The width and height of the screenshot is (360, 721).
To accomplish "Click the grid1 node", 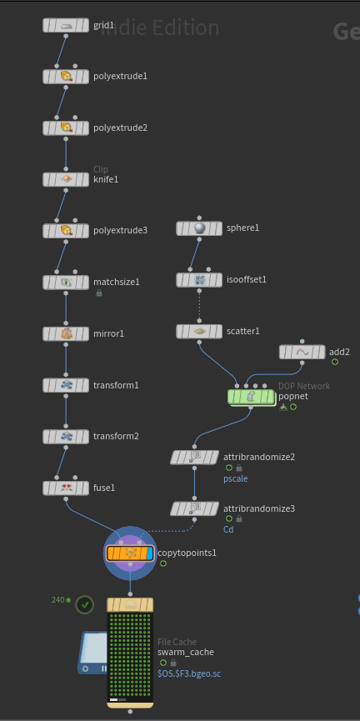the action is (x=66, y=25).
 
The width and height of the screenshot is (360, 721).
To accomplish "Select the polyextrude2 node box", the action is (x=66, y=128).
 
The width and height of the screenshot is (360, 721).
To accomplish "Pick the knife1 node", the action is (x=66, y=179).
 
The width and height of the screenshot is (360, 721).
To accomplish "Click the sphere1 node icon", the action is (x=199, y=228).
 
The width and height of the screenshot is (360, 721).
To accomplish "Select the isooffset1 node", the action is (x=199, y=279).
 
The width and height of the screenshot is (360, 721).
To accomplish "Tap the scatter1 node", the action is (x=199, y=331).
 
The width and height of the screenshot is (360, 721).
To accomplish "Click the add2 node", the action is (x=302, y=353).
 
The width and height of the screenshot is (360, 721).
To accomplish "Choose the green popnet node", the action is (x=251, y=397).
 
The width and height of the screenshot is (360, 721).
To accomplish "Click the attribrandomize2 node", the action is (x=194, y=457).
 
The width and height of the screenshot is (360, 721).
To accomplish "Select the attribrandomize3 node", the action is (x=194, y=508).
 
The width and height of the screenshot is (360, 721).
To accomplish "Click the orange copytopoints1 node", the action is (x=130, y=553).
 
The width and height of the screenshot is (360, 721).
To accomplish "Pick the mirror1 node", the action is (x=66, y=334).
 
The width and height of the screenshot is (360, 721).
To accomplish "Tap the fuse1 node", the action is (x=66, y=488).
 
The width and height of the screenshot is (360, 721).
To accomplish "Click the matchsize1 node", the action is (x=66, y=283).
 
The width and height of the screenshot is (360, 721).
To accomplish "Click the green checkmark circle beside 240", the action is (x=85, y=604).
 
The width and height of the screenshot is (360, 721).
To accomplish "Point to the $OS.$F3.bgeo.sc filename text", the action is (x=189, y=673).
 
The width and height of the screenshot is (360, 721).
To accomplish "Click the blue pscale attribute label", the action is (x=235, y=478).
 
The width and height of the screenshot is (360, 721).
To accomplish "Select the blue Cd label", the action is (x=228, y=529).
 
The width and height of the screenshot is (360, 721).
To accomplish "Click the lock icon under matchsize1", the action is (x=99, y=293).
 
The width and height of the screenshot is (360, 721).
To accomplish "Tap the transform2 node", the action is (x=66, y=437).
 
